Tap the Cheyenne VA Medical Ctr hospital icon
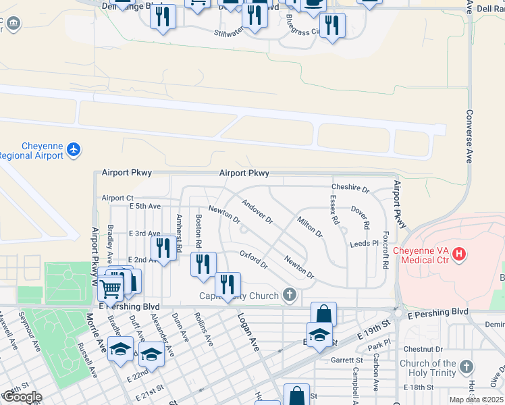tap(459, 254)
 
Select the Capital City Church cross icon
tap(290, 295)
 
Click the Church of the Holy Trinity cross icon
tap(466, 368)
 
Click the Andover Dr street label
tap(257, 211)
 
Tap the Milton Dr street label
tap(310, 226)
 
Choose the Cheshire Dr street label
tap(350, 188)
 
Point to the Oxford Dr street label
tap(254, 259)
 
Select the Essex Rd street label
tap(334, 211)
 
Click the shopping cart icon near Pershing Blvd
tap(110, 288)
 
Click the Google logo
tap(22, 397)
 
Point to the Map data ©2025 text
tap(477, 400)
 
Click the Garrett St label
tap(347, 360)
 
